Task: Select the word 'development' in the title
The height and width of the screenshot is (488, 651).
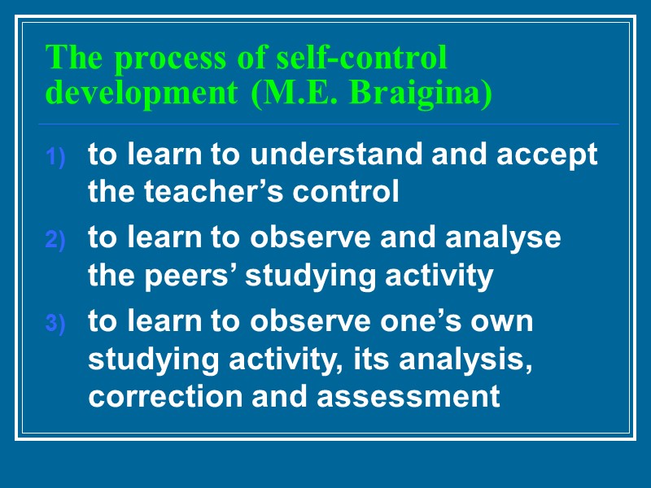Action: click(140, 93)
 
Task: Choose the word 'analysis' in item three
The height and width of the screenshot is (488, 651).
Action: click(463, 359)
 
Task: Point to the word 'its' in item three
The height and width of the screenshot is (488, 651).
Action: click(371, 359)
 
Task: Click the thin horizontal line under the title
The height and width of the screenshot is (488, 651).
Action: click(325, 124)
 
